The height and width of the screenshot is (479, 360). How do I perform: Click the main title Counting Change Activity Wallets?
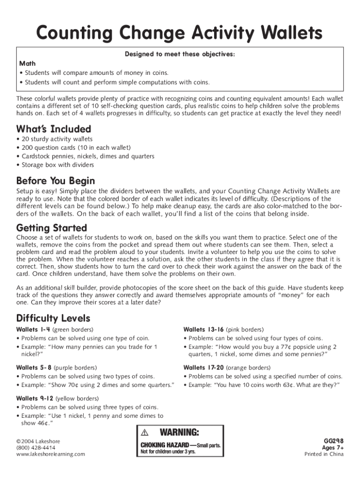180,33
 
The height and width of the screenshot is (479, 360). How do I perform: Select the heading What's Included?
54,129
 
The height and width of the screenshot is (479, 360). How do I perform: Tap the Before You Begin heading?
56,181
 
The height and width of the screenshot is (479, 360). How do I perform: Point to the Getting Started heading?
51,228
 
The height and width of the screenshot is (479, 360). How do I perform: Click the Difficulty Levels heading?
53,319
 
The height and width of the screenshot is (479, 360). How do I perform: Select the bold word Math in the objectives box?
27,63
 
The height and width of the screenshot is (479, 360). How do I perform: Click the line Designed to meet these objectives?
180,54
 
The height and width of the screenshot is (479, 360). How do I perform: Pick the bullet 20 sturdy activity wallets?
54,139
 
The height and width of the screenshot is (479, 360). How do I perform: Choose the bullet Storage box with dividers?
55,165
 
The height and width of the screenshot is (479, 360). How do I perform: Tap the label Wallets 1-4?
34,330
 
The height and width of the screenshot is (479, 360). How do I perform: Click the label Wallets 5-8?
34,368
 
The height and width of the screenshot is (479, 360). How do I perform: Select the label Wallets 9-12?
35,399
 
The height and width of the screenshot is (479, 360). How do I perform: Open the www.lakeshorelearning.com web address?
50,454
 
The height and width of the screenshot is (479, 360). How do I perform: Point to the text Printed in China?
324,454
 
